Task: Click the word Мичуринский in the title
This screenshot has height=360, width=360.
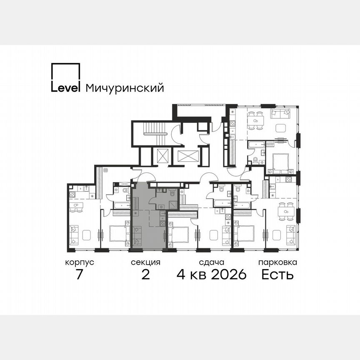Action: click(x=125, y=88)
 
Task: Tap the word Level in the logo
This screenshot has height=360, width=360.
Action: click(x=66, y=87)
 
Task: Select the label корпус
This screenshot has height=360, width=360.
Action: click(x=80, y=262)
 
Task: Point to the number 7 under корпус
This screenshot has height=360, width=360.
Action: click(x=80, y=275)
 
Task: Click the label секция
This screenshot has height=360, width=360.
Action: click(x=145, y=262)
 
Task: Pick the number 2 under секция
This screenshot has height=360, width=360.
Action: click(x=145, y=275)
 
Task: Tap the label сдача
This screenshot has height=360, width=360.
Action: click(x=212, y=262)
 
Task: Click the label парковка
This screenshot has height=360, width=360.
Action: click(x=277, y=262)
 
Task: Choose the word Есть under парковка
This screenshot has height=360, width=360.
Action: click(x=277, y=275)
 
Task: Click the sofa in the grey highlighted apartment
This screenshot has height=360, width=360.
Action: click(x=137, y=235)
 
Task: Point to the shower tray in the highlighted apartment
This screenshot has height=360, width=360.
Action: click(x=172, y=204)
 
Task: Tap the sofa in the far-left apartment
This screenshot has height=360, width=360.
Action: click(x=74, y=235)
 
